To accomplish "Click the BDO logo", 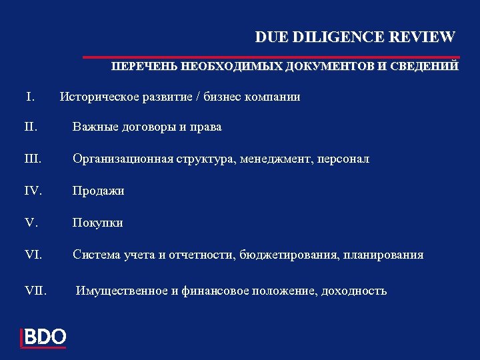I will (x=44, y=337).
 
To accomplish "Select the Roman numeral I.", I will (x=31, y=97).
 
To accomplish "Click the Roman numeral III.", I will (x=34, y=159).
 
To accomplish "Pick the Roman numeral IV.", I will (x=34, y=191).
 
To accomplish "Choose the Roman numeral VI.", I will (x=34, y=255).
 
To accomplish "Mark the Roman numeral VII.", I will (x=35, y=291).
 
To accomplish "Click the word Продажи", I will (x=99, y=191).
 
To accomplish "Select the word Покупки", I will (x=98, y=223).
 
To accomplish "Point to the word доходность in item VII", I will (x=356, y=291).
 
